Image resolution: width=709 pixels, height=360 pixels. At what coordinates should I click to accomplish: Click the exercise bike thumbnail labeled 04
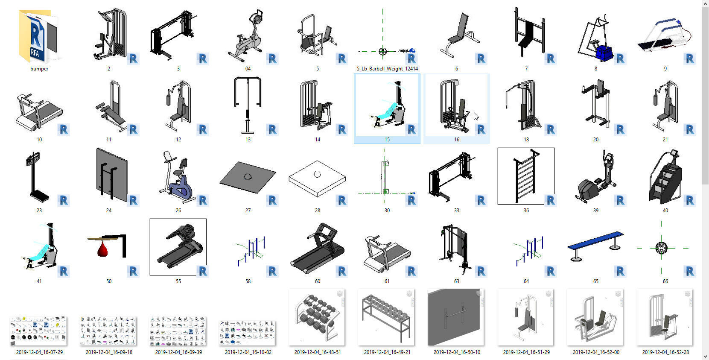coord(248,36)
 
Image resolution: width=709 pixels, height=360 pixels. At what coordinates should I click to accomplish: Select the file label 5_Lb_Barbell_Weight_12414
coord(387,69)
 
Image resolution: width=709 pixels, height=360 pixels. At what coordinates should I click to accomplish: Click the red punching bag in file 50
coord(102,249)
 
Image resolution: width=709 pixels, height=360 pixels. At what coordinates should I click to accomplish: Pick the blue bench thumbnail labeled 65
coord(595,246)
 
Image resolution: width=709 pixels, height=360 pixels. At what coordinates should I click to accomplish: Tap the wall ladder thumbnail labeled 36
coord(525,176)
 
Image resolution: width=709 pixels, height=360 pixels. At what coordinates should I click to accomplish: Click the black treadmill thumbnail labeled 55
coord(178,246)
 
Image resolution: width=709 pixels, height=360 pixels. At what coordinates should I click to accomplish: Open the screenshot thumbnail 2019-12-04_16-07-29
coord(39,331)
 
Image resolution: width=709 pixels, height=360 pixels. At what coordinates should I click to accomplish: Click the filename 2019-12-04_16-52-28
coord(665,352)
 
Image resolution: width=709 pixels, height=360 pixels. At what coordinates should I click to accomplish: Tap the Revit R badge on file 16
coord(481,129)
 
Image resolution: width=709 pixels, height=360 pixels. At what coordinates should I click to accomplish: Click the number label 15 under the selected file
coord(387,140)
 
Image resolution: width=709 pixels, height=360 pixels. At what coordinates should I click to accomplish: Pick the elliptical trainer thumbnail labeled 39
coord(595,177)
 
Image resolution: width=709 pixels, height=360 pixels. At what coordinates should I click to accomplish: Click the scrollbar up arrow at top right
coord(705,4)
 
